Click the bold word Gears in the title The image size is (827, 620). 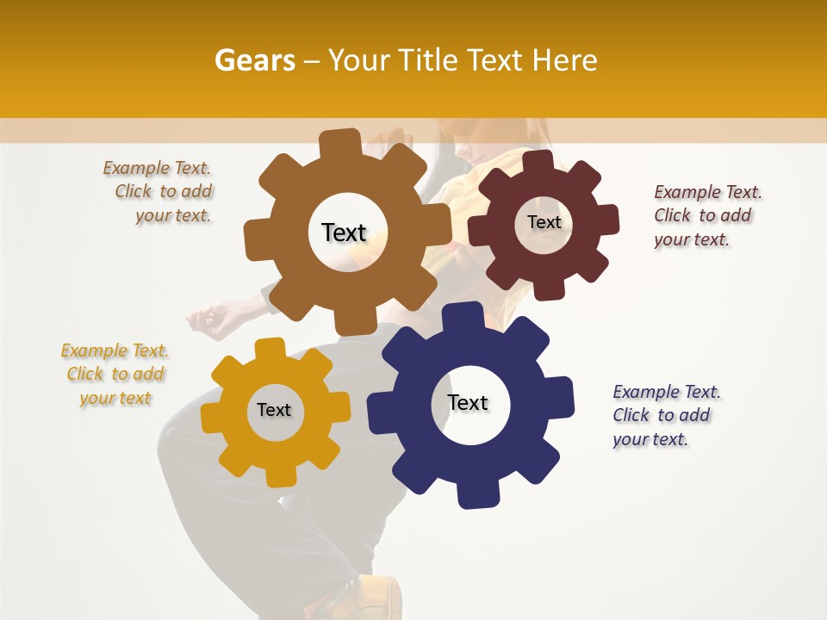(254, 60)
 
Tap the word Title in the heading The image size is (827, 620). (430, 60)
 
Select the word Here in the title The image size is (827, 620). (564, 60)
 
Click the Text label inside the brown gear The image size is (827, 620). (344, 232)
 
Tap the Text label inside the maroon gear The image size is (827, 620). (544, 222)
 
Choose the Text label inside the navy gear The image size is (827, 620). (468, 403)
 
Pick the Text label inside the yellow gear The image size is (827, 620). (274, 411)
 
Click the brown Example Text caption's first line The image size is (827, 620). (157, 169)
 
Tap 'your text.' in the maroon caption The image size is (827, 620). (691, 240)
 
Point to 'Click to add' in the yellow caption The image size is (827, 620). (115, 375)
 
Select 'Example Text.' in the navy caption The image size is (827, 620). (667, 393)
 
